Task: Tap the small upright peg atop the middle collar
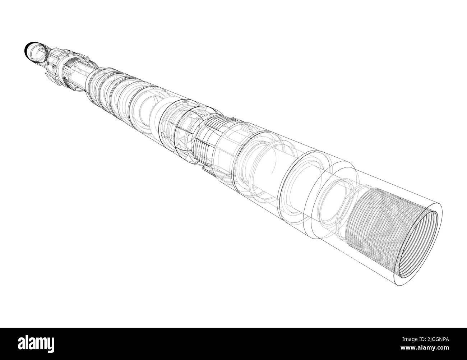[x=185, y=103]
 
